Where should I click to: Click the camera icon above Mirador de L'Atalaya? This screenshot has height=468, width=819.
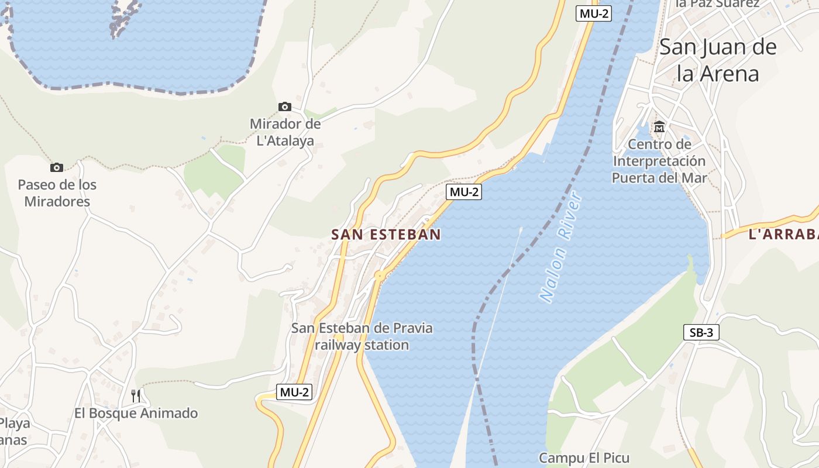tap(285, 106)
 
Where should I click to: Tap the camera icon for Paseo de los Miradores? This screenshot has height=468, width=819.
tap(57, 168)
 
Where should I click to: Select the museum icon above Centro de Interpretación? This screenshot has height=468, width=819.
tap(659, 126)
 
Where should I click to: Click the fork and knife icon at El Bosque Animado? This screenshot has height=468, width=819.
tap(136, 396)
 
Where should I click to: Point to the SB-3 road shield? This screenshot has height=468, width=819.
tap(701, 332)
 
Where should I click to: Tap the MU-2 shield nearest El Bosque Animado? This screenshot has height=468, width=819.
tap(294, 392)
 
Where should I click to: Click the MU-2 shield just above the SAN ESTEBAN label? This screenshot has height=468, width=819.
tap(464, 191)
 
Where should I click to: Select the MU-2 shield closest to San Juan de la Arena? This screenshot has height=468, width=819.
tap(594, 13)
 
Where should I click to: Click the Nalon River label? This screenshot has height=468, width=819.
tap(561, 247)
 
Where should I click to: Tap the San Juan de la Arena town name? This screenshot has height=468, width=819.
tap(718, 60)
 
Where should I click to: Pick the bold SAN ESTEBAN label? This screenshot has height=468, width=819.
tap(386, 235)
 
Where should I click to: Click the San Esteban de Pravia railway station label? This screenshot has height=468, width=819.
tap(362, 336)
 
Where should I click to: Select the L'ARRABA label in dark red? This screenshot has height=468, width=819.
tap(783, 235)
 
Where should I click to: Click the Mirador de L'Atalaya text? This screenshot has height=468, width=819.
tap(285, 132)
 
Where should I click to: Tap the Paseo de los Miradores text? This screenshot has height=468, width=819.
tap(57, 193)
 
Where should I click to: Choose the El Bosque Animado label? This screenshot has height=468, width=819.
tap(136, 413)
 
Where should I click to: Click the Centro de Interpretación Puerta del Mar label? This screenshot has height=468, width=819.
tap(659, 161)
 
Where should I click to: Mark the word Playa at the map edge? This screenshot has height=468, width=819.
tap(15, 423)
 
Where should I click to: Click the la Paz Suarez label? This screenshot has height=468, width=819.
tap(717, 4)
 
